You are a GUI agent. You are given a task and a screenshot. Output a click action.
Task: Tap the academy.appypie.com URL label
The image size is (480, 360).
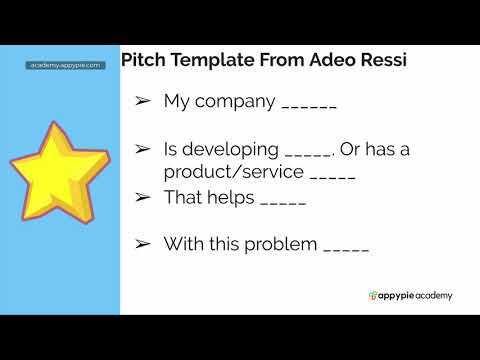pos(65,65)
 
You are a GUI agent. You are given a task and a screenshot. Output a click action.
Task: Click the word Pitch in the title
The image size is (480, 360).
pos(143,60)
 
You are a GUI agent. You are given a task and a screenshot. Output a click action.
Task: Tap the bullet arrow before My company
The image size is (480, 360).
pos(143,102)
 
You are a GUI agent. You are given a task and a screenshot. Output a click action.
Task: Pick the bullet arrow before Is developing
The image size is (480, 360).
pos(143,150)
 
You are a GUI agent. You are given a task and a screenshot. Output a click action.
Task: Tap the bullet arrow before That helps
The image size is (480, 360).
pos(143,197)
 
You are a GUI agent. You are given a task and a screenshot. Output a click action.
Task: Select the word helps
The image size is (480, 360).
pos(230,197)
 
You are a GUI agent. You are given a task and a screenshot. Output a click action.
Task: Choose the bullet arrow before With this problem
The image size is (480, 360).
pos(143,244)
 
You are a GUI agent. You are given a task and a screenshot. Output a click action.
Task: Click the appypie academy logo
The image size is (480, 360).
pos(410,295)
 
